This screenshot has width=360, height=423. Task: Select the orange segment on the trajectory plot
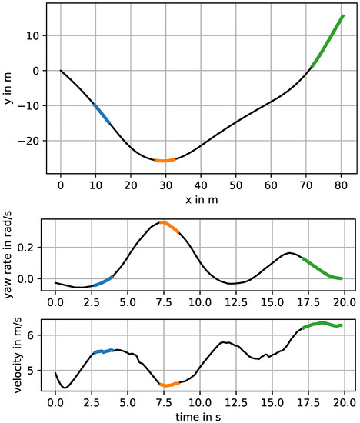[x=165, y=160]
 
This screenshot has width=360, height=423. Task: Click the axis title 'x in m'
[x=202, y=199]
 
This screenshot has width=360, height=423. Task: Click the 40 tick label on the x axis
[x=201, y=186]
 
